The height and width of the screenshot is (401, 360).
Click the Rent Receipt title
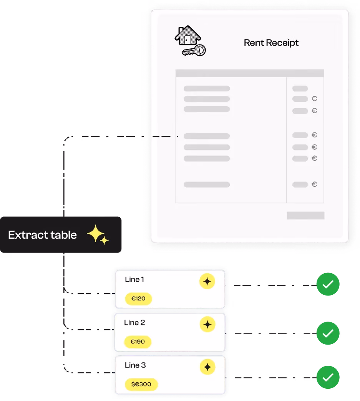click(271, 43)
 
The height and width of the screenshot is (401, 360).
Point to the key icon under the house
click(194, 50)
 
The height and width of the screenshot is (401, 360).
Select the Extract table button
click(61, 234)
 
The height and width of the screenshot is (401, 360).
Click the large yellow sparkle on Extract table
click(95, 233)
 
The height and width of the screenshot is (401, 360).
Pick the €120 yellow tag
click(138, 299)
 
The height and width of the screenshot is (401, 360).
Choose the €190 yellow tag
click(138, 342)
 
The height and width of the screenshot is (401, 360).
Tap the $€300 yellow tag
click(141, 384)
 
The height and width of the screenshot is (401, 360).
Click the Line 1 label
click(134, 279)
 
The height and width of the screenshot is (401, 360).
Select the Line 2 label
click(134, 322)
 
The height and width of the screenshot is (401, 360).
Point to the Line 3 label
click(135, 365)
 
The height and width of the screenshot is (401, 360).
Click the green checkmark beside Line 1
click(328, 284)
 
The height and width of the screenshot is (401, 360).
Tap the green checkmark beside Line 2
click(328, 333)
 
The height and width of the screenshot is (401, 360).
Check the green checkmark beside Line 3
click(328, 377)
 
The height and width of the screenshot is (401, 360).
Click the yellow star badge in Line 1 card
click(207, 281)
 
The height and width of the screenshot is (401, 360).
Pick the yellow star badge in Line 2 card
click(207, 324)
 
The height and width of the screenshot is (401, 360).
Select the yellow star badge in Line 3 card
click(207, 367)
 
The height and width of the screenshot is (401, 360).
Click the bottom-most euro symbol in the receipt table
click(314, 184)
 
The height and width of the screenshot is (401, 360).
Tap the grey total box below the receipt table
click(305, 215)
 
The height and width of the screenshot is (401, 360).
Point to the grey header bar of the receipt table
click(250, 73)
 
